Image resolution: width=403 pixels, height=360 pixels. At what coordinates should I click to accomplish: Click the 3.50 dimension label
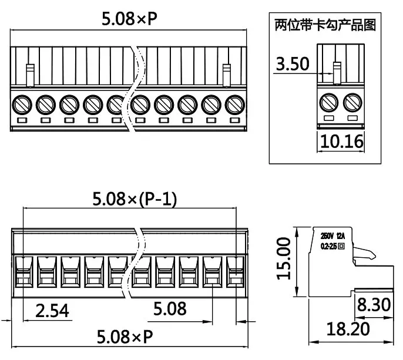293,64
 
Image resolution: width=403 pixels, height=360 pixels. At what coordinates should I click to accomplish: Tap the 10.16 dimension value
341,141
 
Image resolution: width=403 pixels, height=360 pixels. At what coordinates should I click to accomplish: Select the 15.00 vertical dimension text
284,259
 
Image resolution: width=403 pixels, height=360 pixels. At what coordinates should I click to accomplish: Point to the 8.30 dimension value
372,305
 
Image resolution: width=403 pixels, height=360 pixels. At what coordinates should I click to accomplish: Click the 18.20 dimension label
348,328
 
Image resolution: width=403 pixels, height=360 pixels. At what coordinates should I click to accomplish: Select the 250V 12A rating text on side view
333,235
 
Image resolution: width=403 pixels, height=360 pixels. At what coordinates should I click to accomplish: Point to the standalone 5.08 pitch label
170,308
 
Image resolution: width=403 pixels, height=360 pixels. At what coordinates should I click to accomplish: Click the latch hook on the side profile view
367,254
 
